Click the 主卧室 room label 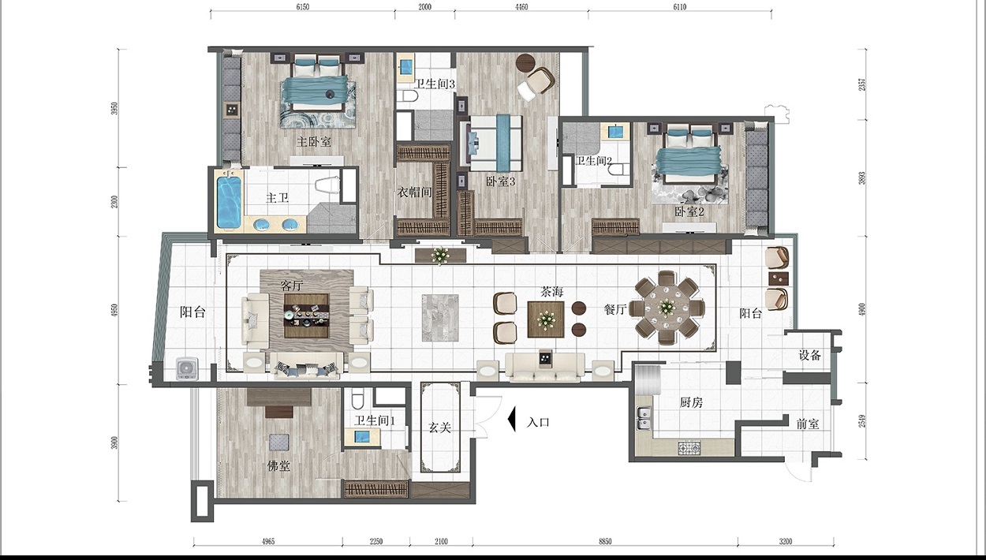313,142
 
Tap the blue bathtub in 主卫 229,202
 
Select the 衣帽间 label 415,192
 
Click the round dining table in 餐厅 667,308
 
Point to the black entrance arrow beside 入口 511,419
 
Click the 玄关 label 439,427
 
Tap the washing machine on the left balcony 187,368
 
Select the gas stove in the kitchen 689,448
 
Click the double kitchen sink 644,418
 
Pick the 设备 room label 810,355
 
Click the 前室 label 808,424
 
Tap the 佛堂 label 278,465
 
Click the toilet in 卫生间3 406,96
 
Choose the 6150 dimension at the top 302,7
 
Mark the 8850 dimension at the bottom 605,542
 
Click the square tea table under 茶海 546,319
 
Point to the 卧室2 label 689,211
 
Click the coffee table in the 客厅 306,315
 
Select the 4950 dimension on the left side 114,311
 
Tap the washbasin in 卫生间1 362,437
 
